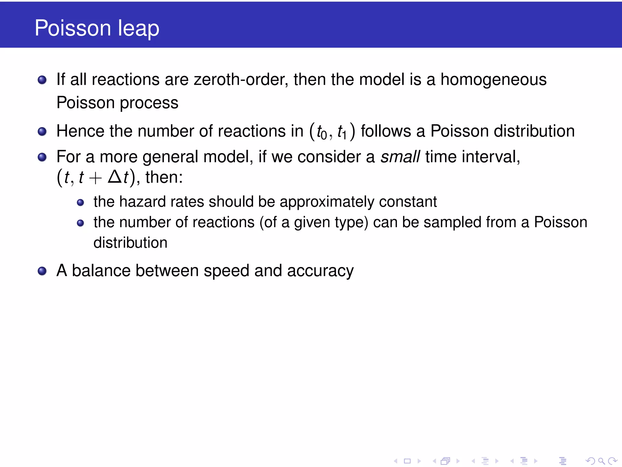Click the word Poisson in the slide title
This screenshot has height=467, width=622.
pyautogui.click(x=73, y=28)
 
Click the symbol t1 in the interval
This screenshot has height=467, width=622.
pyautogui.click(x=342, y=132)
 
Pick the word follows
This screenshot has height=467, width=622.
pyautogui.click(x=386, y=131)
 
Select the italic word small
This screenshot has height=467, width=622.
pyautogui.click(x=400, y=157)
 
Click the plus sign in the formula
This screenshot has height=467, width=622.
pyautogui.click(x=95, y=178)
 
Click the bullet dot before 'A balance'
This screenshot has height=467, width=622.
pyautogui.click(x=42, y=271)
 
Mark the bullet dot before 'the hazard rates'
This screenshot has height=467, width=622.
pyautogui.click(x=80, y=202)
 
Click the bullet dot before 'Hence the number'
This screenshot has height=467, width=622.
pyautogui.click(x=42, y=132)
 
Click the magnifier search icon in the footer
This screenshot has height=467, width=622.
pyautogui.click(x=601, y=461)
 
